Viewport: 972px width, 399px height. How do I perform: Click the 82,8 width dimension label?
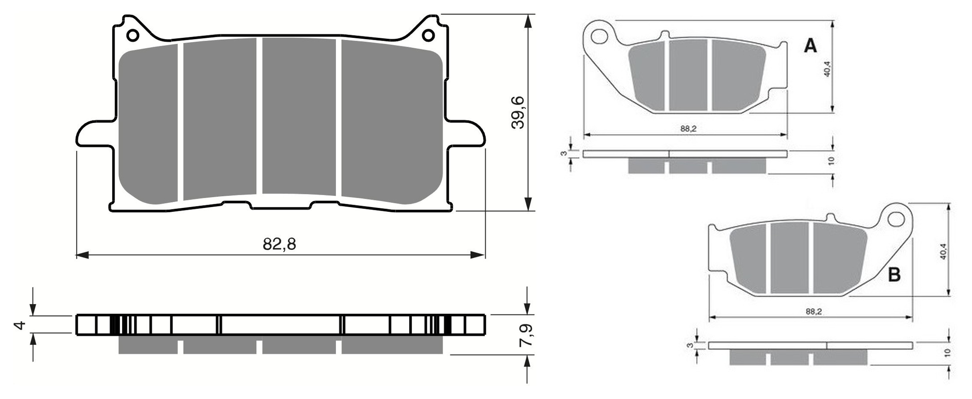[280, 244]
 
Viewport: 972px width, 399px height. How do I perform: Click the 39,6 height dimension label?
[518, 112]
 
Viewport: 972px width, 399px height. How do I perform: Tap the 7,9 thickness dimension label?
[526, 335]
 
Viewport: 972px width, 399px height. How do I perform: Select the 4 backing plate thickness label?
[20, 325]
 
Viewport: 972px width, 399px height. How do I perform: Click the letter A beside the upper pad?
[810, 46]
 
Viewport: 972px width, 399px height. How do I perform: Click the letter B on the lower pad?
[894, 275]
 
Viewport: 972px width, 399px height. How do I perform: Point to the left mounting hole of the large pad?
[133, 36]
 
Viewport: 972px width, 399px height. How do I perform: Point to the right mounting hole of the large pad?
[428, 36]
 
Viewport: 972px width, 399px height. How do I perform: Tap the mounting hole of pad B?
[896, 219]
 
